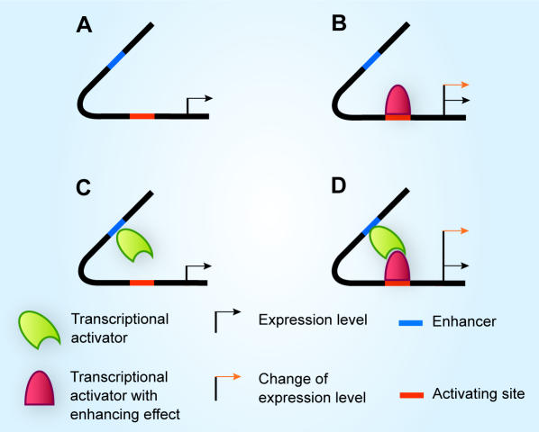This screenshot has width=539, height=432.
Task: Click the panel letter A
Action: pyautogui.click(x=84, y=25)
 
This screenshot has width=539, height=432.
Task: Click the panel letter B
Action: pyautogui.click(x=339, y=23)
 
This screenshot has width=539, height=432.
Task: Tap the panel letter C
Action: pyautogui.click(x=84, y=188)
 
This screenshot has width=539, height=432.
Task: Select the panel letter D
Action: pyautogui.click(x=339, y=185)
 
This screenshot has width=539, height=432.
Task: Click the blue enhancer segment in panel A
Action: pyautogui.click(x=116, y=60)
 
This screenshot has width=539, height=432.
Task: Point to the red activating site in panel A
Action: pyautogui.click(x=142, y=116)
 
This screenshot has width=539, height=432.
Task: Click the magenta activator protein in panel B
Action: pyautogui.click(x=398, y=100)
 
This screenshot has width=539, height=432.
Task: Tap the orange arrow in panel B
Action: pyautogui.click(x=456, y=85)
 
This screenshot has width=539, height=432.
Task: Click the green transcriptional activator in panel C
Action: pyautogui.click(x=134, y=245)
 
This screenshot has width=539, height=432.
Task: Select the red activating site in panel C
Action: pyautogui.click(x=142, y=283)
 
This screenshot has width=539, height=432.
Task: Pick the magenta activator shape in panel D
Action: pyautogui.click(x=397, y=266)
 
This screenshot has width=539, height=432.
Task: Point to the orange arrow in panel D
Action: pyautogui.click(x=456, y=231)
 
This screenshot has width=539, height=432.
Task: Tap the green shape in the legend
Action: pyautogui.click(x=39, y=329)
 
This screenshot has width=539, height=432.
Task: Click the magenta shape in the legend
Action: pyautogui.click(x=39, y=388)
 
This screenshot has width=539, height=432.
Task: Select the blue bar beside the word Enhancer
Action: pyautogui.click(x=410, y=323)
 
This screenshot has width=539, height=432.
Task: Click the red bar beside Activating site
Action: pyautogui.click(x=412, y=395)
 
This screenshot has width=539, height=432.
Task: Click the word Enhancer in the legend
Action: pyautogui.click(x=464, y=321)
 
